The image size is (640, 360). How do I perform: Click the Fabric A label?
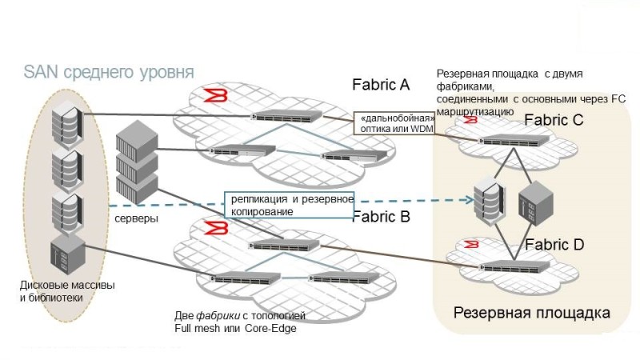point(381,84)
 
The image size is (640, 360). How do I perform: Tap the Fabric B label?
point(381,215)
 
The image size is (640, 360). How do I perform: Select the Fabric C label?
point(554,120)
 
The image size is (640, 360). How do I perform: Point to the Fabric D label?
point(554,244)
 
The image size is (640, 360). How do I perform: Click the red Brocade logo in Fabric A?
point(212,97)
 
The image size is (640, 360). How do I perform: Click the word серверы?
point(137,218)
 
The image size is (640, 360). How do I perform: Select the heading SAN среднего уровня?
point(109,72)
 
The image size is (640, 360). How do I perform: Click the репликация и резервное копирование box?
point(288,204)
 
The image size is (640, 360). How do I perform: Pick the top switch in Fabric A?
point(287,117)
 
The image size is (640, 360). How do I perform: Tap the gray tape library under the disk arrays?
point(66,254)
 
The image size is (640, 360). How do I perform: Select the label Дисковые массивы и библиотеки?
point(56,291)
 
